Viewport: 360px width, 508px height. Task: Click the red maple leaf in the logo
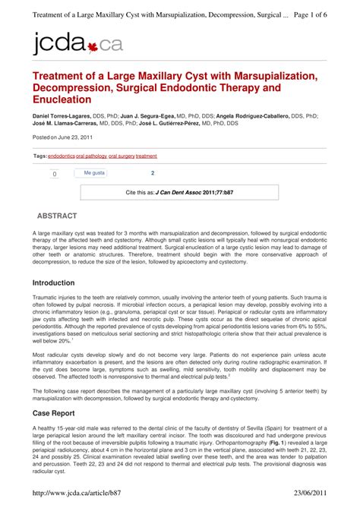(x=93, y=46)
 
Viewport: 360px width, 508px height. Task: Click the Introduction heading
(x=58, y=282)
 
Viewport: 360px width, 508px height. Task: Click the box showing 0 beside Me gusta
(x=55, y=174)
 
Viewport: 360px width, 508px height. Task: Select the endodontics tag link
(x=62, y=156)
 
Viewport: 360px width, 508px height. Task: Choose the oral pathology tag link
(x=91, y=156)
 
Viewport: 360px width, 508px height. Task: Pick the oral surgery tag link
(x=122, y=156)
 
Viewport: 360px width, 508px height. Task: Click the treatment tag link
(x=147, y=156)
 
